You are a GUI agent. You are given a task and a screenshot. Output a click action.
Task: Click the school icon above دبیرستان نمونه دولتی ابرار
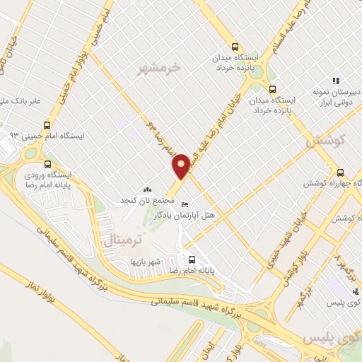click(337, 81)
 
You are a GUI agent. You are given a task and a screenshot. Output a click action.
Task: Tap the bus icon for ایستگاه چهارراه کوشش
click(341, 172)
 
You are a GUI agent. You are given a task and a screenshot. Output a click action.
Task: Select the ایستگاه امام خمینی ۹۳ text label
click(53, 134)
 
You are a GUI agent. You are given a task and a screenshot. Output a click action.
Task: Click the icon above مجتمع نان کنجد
click(147, 189)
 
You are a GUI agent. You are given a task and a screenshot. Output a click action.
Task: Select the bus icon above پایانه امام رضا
click(189, 257)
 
